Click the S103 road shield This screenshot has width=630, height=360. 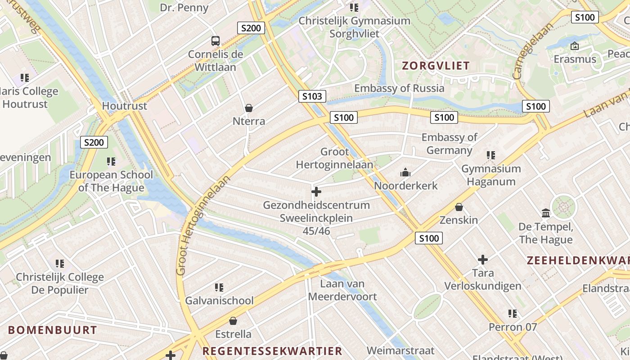pos(312,96)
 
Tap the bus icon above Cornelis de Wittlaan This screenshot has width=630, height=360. pos(216,41)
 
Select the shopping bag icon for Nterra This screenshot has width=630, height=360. pos(248,108)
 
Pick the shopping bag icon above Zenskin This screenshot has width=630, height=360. pos(459,207)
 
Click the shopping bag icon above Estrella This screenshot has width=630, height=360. pos(233,321)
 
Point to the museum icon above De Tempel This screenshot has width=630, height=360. pos(546,213)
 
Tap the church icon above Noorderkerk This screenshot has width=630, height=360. pos(405,172)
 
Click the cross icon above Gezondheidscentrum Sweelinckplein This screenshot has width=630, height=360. pos(316,192)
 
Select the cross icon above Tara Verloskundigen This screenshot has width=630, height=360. pos(483,260)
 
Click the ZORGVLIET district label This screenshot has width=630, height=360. pos(436,66)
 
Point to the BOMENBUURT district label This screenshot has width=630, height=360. pos(53,330)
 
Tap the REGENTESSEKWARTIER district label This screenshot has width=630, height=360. pos(272,351)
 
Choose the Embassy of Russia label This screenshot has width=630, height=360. pos(399,88)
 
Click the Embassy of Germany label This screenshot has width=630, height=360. pos(450,144)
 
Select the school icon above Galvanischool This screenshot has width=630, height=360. pos(219,287)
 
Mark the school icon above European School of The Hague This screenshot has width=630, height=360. pos(111,161)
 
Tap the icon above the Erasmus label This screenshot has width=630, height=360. pos(574,46)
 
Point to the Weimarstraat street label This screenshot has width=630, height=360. pos(400,351)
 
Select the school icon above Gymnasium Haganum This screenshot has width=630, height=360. pos(491,155)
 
